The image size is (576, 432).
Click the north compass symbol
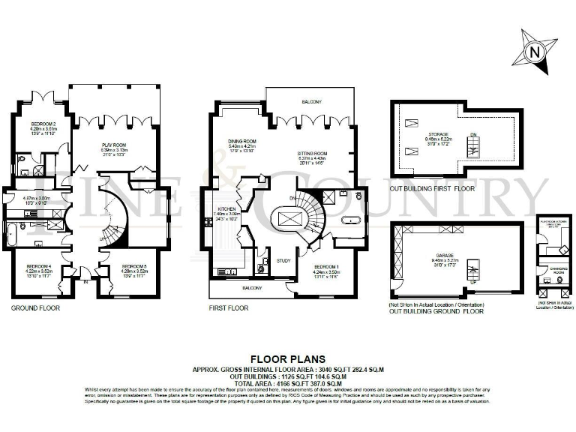[533, 52]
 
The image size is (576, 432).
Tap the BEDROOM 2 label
[43, 123]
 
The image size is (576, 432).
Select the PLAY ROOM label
[113, 144]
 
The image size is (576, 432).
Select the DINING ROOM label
[242, 141]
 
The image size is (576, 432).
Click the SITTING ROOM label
[313, 152]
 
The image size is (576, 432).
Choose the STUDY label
[283, 261]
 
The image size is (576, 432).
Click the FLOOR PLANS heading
[287, 358]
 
